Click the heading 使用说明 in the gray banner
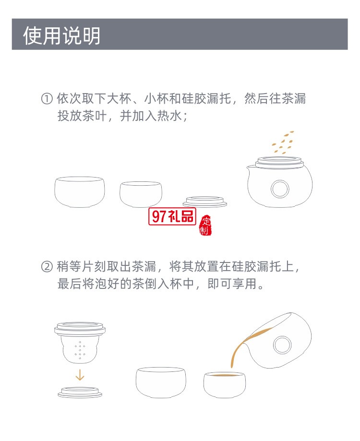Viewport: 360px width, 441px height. [62, 36]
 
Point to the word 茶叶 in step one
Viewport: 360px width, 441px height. [99, 117]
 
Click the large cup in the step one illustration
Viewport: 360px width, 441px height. [79, 191]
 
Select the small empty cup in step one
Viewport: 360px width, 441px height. [140, 194]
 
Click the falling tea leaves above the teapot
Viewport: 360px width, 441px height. [282, 143]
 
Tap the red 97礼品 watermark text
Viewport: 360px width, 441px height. [173, 216]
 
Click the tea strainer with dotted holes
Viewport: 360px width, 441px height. [80, 346]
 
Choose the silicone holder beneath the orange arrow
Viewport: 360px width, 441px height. [80, 391]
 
